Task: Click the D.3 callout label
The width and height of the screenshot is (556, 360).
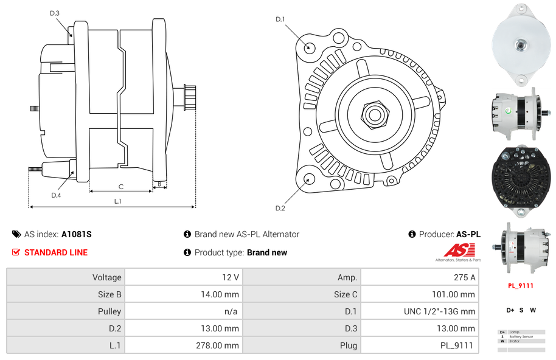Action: [x=55, y=13]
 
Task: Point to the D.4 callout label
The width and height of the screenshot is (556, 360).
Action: [x=56, y=195]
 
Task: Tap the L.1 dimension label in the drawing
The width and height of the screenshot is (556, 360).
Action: [x=118, y=201]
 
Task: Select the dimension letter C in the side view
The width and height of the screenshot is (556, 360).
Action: [x=121, y=187]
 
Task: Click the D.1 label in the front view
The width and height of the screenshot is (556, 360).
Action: [x=280, y=19]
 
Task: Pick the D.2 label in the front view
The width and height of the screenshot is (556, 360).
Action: [x=280, y=209]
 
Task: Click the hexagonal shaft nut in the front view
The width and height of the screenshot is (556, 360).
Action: [x=375, y=113]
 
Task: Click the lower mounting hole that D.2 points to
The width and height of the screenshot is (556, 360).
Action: [x=309, y=179]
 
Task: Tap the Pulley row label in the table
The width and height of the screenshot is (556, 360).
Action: [x=109, y=311]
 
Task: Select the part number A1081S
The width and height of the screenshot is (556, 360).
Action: [x=77, y=234]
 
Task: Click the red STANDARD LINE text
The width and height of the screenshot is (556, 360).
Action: [x=56, y=252]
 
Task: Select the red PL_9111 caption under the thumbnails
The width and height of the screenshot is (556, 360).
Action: [x=521, y=285]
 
